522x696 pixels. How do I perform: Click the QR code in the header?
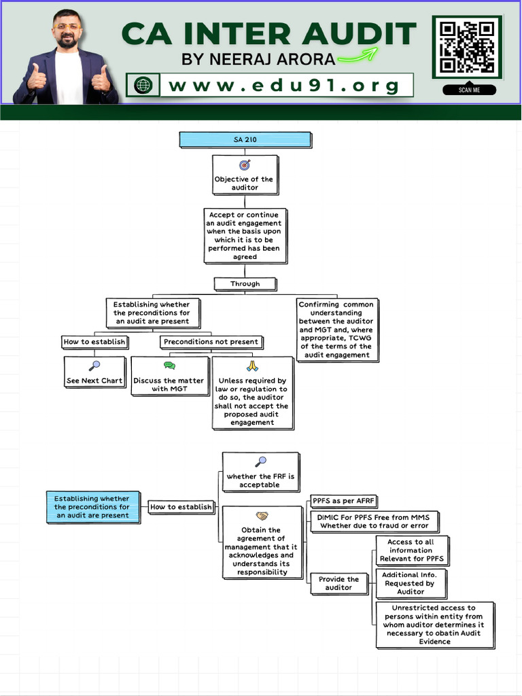pyautogui.click(x=466, y=47)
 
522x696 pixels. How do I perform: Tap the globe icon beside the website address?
pyautogui.click(x=143, y=86)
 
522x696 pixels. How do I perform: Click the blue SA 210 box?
pyautogui.click(x=245, y=140)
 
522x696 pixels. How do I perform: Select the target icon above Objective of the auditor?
pyautogui.click(x=245, y=165)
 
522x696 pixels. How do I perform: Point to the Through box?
pyautogui.click(x=245, y=283)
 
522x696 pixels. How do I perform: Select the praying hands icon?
pyautogui.click(x=253, y=366)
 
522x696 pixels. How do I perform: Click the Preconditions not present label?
pyautogui.click(x=211, y=342)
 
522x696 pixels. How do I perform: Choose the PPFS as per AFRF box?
pyautogui.click(x=344, y=502)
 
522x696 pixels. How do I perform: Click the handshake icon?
pyautogui.click(x=262, y=517)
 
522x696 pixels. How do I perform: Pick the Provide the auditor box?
pyautogui.click(x=338, y=584)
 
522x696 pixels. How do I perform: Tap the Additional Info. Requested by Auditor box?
pyautogui.click(x=410, y=583)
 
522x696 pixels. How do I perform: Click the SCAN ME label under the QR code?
pyautogui.click(x=469, y=90)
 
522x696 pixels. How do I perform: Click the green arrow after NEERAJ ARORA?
pyautogui.click(x=359, y=56)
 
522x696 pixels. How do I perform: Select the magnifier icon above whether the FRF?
pyautogui.click(x=261, y=462)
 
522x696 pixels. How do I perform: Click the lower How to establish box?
pyautogui.click(x=181, y=507)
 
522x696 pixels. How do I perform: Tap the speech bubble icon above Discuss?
pyautogui.click(x=169, y=366)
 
